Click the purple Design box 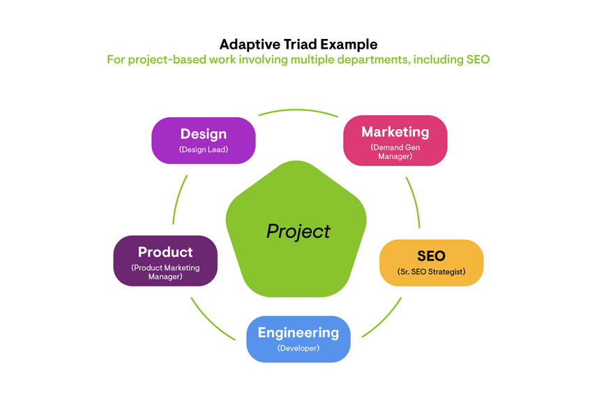click(203, 140)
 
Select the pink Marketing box click(395, 140)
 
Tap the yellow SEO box click(431, 262)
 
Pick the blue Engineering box click(298, 339)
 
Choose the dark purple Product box click(165, 260)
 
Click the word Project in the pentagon click(298, 231)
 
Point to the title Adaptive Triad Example click(298, 44)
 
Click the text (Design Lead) click(204, 150)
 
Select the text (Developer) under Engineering click(298, 349)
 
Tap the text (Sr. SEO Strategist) click(431, 271)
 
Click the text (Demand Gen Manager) click(395, 152)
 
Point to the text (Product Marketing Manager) click(165, 272)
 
